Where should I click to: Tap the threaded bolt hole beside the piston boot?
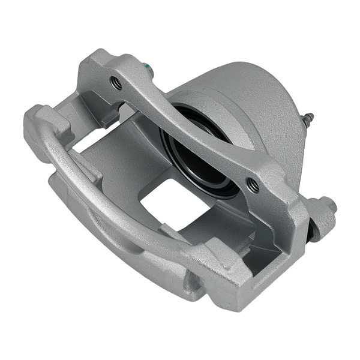click(253, 186)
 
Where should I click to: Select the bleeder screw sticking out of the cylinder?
click(307, 121)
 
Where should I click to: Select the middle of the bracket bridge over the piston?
click(186, 132)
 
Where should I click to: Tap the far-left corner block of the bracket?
click(39, 123)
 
